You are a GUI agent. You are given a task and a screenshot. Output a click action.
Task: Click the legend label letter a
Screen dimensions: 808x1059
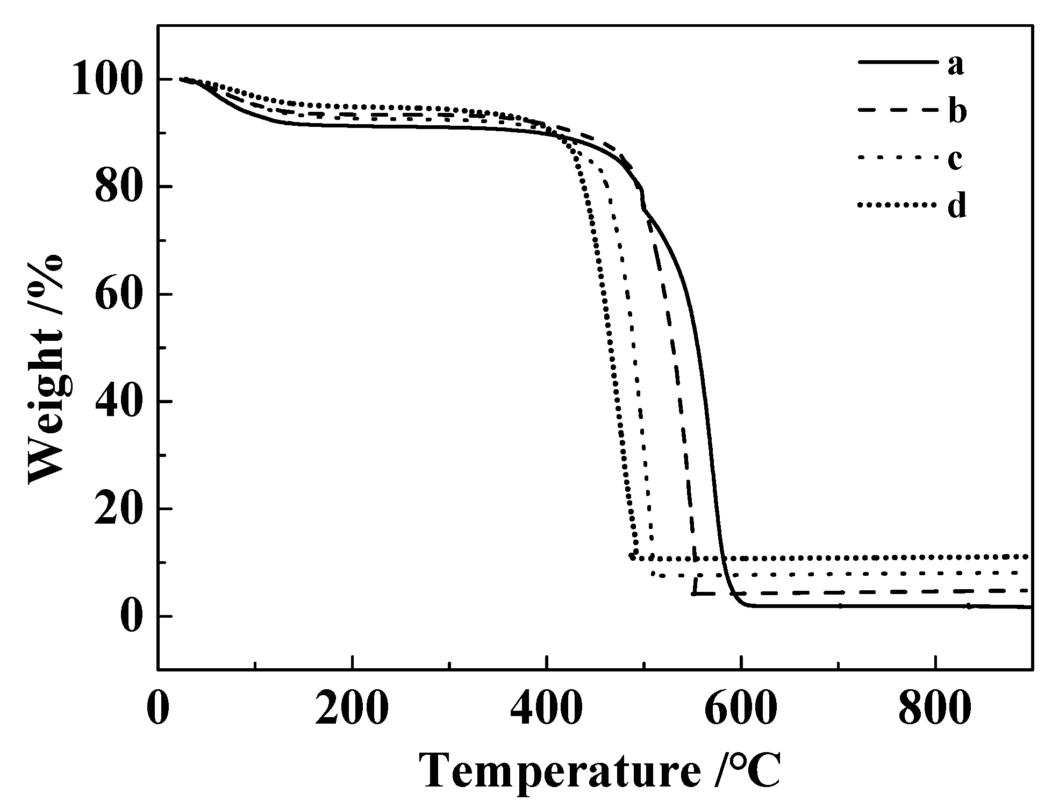click(955, 66)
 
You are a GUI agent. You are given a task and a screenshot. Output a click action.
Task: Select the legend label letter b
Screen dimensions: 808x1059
click(956, 112)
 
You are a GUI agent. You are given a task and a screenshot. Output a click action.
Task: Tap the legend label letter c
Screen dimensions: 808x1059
click(955, 159)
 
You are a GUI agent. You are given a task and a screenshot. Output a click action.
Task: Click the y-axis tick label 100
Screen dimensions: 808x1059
click(107, 80)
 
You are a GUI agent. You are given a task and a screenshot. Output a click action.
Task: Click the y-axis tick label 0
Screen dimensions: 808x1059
click(132, 617)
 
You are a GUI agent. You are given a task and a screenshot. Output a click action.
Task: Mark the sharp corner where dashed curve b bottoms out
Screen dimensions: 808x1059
click(693, 594)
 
